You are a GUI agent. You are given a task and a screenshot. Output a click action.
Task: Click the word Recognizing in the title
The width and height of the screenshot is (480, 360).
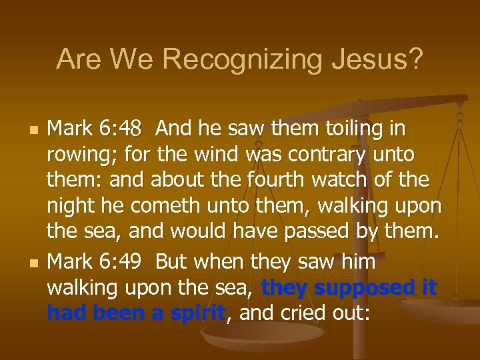tap(248, 60)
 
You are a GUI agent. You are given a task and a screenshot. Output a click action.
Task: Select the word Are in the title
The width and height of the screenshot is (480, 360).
tap(79, 60)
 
